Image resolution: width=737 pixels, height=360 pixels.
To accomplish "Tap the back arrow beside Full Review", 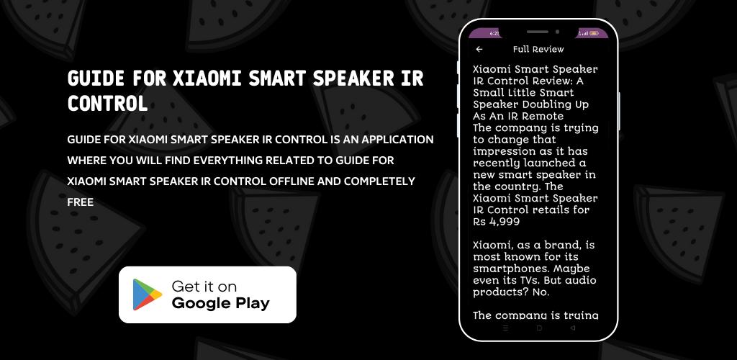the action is click(x=479, y=49).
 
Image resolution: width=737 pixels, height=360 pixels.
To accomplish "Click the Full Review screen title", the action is click(x=538, y=49).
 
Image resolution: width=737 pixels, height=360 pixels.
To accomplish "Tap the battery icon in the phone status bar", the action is click(x=594, y=33).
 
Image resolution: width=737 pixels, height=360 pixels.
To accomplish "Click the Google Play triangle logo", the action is click(x=147, y=294).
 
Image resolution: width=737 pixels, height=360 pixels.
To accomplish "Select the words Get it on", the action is click(x=204, y=287).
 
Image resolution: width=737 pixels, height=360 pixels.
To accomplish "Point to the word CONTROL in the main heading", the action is click(x=108, y=104).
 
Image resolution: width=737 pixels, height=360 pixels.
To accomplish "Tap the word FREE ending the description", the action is click(x=81, y=202).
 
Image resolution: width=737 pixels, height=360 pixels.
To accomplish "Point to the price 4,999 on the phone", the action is click(x=505, y=222).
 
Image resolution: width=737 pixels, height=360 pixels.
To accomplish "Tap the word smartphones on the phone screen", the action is click(x=511, y=269).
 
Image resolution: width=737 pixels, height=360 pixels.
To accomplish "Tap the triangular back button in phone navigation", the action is click(x=572, y=328).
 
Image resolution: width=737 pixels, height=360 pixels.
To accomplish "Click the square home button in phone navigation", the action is click(x=539, y=328).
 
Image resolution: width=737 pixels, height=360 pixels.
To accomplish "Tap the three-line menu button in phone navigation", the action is click(x=506, y=328).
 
